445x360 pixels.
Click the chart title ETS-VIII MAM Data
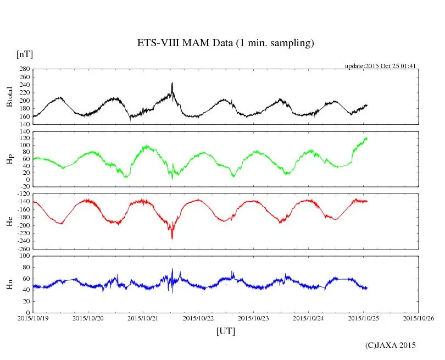225,43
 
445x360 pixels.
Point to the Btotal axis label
10,97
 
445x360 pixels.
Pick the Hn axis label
10,284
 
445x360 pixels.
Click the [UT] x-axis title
225,331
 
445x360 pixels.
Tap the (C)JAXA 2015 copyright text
391,345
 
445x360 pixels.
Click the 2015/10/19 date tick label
32,318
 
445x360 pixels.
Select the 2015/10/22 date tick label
198,318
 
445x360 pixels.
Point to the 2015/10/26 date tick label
419,318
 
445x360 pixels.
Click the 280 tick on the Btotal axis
24,69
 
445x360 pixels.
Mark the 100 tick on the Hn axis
24,256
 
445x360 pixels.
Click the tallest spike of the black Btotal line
172,83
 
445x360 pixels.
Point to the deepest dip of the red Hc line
172,238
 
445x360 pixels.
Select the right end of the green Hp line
367,138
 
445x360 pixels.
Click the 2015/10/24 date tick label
309,318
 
